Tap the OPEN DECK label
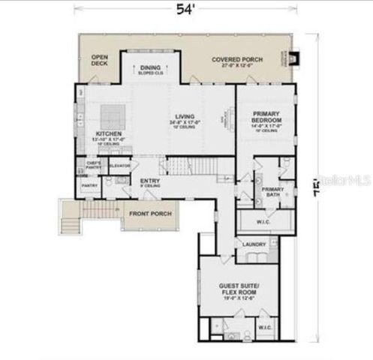coord(99,61)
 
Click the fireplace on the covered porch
coord(291,58)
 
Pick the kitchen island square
coord(113,115)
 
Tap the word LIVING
coord(185,117)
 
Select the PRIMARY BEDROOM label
coord(266,116)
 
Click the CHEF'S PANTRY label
coord(95,165)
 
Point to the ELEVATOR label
coord(119,165)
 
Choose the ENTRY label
coord(149,180)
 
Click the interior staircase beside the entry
coord(191,165)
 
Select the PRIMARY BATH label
coord(272,191)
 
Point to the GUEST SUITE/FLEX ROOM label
coord(238,289)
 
